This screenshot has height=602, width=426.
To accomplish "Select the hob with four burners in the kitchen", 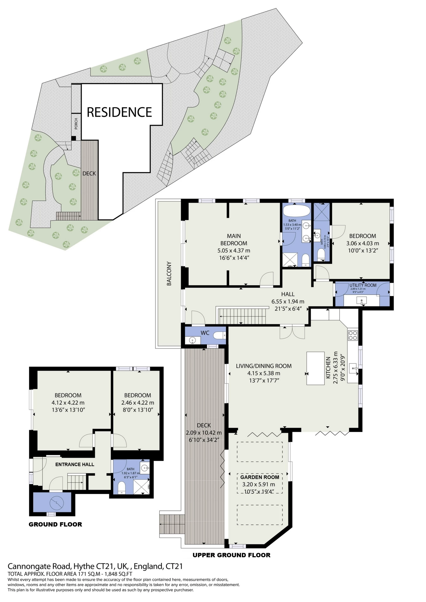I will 353,335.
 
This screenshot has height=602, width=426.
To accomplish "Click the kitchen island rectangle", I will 316,368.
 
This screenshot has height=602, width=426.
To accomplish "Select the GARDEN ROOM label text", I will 260,477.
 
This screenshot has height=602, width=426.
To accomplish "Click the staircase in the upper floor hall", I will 243,316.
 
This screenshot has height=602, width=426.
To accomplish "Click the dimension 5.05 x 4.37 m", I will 234,250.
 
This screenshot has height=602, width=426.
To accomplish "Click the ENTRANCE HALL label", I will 74,464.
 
